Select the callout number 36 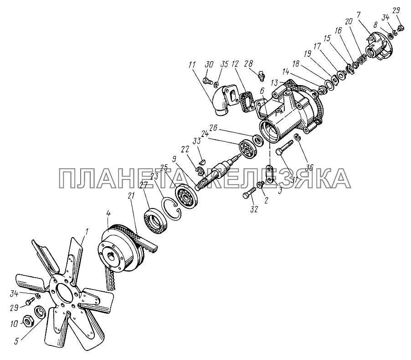click(x=309, y=167)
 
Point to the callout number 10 click(x=15, y=324)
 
